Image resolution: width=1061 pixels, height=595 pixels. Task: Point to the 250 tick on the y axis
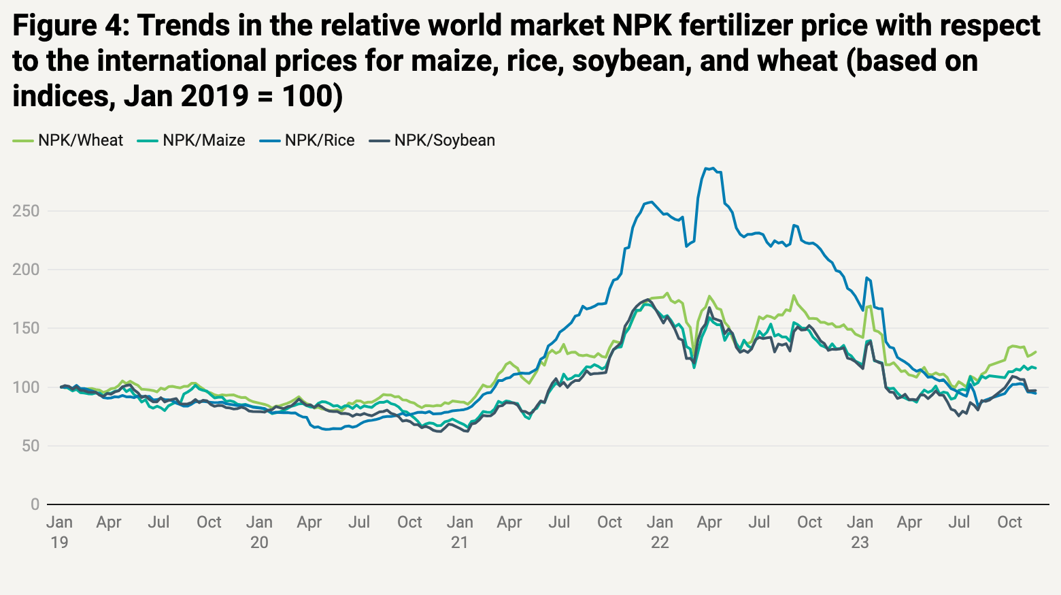26,211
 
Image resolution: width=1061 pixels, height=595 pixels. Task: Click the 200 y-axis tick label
26,270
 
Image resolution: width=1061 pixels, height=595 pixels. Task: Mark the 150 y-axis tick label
26,328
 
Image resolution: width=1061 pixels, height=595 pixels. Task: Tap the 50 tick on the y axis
30,446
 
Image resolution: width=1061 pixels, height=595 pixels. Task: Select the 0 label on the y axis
35,504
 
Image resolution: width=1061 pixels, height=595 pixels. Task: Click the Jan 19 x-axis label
60,532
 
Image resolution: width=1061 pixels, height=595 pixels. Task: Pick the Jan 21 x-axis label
460,532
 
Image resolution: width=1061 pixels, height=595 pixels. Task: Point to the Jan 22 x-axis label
660,532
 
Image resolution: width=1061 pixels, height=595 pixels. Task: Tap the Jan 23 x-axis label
860,532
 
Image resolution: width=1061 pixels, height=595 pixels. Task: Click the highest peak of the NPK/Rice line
708,168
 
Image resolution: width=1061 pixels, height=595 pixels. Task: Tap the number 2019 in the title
214,96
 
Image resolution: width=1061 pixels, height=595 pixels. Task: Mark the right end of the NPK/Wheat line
1036,352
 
